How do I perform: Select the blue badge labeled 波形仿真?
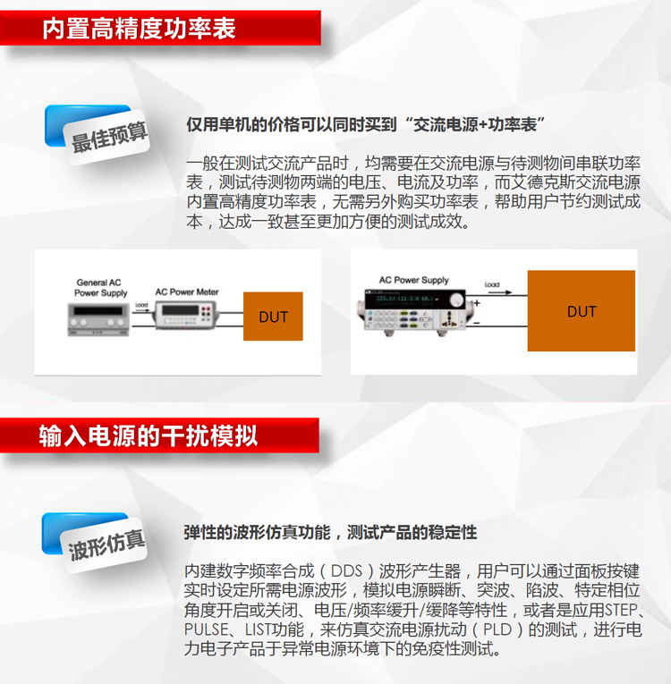106,544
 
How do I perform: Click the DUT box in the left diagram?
274,317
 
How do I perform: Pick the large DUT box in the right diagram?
582,311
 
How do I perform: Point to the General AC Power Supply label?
100,288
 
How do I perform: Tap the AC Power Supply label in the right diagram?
413,280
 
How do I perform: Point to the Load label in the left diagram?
141,305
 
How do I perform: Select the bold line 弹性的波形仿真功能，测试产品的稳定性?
330,532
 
